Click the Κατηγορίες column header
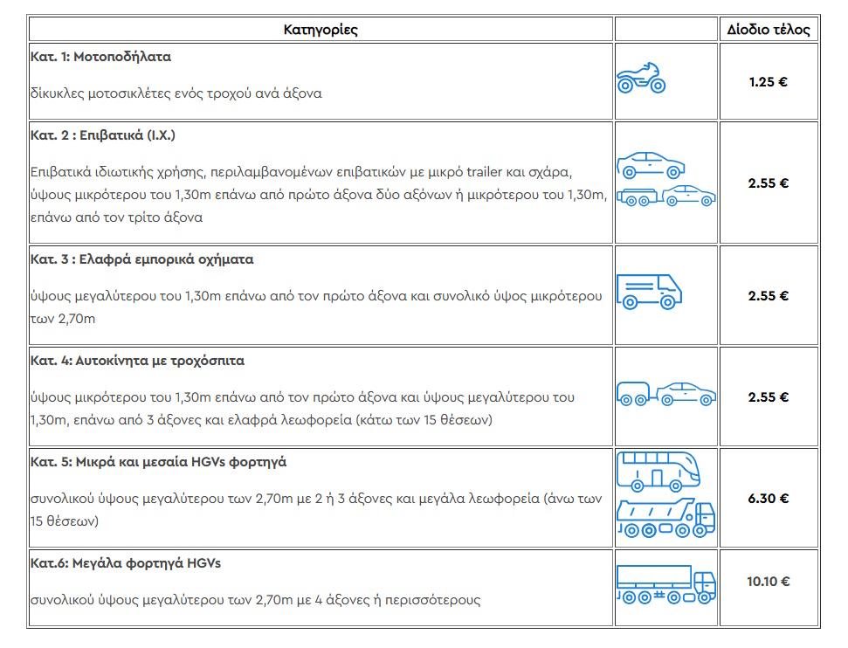coord(321,30)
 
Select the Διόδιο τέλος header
coord(769,30)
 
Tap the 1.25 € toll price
coord(769,82)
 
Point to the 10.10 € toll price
coord(769,581)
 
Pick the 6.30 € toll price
coord(769,499)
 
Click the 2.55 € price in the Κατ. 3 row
coord(769,295)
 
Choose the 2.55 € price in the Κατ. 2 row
coord(769,183)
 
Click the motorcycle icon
coord(641,79)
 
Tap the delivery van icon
coord(649,292)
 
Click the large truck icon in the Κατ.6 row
coord(665,583)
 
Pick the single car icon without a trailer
coord(651,164)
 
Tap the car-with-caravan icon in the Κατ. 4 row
coord(665,394)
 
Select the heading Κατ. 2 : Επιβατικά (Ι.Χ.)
coord(104,135)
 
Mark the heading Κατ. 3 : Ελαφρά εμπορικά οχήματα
coord(142,259)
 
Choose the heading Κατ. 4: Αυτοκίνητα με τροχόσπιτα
coord(138,360)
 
